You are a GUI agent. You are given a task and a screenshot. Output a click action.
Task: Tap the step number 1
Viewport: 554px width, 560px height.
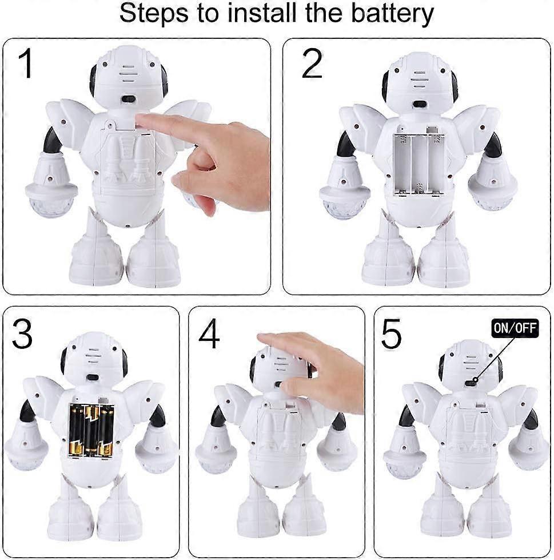(x=26, y=64)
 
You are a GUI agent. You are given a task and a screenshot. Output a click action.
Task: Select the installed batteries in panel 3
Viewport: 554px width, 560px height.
(x=91, y=430)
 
